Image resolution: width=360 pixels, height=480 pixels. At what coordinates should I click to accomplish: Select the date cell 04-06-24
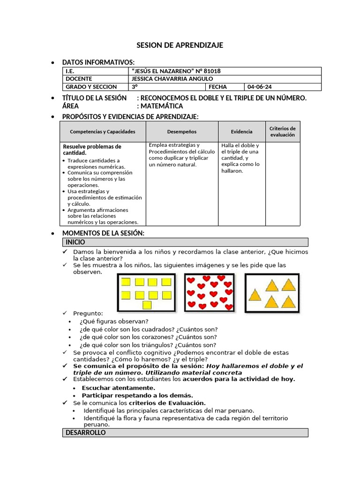click(x=259, y=87)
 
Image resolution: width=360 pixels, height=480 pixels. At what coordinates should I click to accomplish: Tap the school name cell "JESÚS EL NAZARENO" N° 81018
click(x=177, y=71)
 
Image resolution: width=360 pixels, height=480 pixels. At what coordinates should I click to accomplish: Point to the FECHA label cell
click(x=217, y=87)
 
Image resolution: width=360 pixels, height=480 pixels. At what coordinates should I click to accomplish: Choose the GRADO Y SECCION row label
click(x=88, y=87)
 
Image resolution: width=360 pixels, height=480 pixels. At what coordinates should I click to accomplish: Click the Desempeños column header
click(x=182, y=132)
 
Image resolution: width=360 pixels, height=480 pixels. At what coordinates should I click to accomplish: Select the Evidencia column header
click(x=241, y=132)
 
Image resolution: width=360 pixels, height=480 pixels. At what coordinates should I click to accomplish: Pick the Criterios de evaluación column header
click(x=282, y=132)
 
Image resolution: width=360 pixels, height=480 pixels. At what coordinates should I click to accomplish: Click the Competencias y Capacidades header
click(x=103, y=132)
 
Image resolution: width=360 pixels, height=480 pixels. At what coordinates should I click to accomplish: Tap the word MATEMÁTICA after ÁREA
click(x=162, y=106)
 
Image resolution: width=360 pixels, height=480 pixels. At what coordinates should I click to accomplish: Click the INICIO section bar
click(x=185, y=242)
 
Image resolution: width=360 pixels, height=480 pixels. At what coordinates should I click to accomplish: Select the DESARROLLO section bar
click(x=185, y=433)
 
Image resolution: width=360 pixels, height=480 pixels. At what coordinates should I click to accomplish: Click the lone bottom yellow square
click(x=147, y=306)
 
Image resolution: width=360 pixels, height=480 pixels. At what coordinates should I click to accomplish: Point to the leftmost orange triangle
click(x=255, y=295)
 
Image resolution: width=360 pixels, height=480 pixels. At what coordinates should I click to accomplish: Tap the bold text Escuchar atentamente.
click(x=118, y=388)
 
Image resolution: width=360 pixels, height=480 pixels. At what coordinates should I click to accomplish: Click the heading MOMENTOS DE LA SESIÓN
click(x=103, y=233)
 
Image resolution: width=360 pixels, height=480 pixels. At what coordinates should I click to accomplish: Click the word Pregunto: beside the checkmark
click(x=88, y=313)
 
